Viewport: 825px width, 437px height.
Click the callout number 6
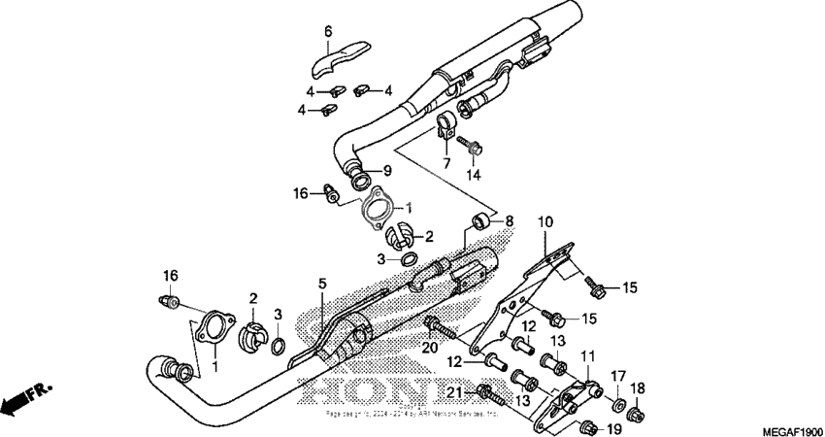328,32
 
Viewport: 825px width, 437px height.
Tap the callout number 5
322,285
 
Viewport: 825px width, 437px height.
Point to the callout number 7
445,162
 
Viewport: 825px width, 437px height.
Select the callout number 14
474,176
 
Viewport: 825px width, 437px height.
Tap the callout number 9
386,170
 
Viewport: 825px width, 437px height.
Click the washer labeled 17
616,401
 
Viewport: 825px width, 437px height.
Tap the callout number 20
430,348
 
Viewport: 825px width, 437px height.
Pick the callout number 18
639,388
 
